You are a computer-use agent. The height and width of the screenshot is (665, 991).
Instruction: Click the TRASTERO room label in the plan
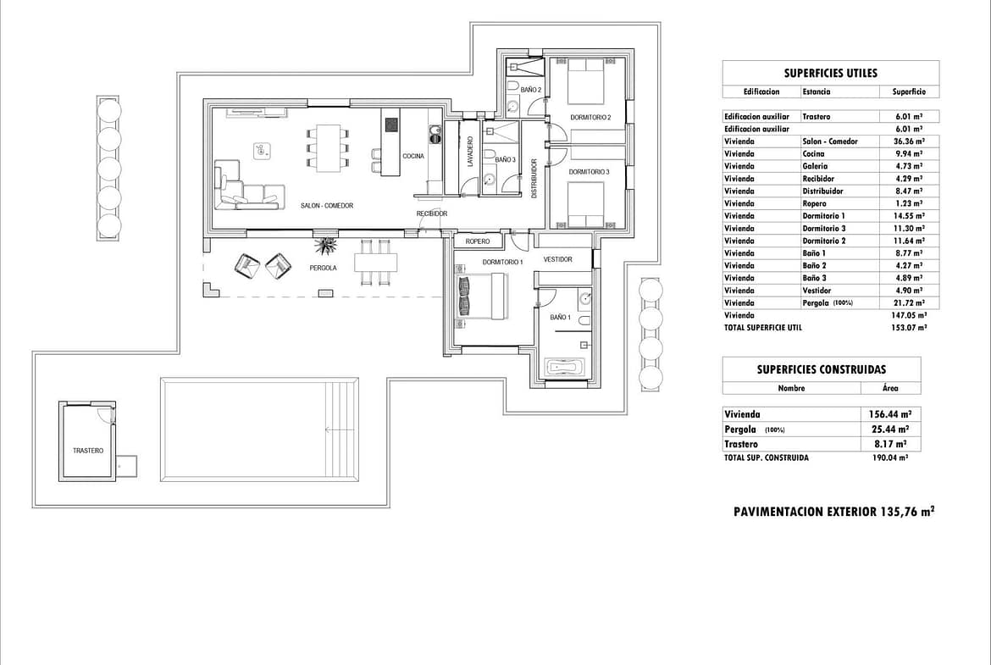87,451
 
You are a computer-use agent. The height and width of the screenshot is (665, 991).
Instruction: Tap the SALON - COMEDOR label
326,206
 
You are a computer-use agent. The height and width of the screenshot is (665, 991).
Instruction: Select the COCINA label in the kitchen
413,156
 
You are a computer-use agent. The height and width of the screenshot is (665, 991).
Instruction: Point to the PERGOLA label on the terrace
323,268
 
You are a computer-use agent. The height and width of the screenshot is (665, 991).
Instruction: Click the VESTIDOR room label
557,259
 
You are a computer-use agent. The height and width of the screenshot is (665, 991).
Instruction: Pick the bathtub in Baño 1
565,368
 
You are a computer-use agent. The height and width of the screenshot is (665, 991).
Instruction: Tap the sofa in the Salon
246,191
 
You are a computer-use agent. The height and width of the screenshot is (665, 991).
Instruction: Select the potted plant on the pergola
325,247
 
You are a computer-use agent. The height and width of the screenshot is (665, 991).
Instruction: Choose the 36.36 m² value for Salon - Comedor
909,141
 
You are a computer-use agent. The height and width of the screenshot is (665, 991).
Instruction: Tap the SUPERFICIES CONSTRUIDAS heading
821,369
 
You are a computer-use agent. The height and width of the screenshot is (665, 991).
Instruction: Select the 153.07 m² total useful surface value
909,327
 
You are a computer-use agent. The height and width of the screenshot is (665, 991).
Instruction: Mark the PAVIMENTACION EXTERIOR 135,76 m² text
833,512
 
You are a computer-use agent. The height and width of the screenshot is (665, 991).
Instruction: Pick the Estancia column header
816,91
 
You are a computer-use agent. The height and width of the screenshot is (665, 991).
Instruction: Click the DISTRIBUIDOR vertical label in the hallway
534,178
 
